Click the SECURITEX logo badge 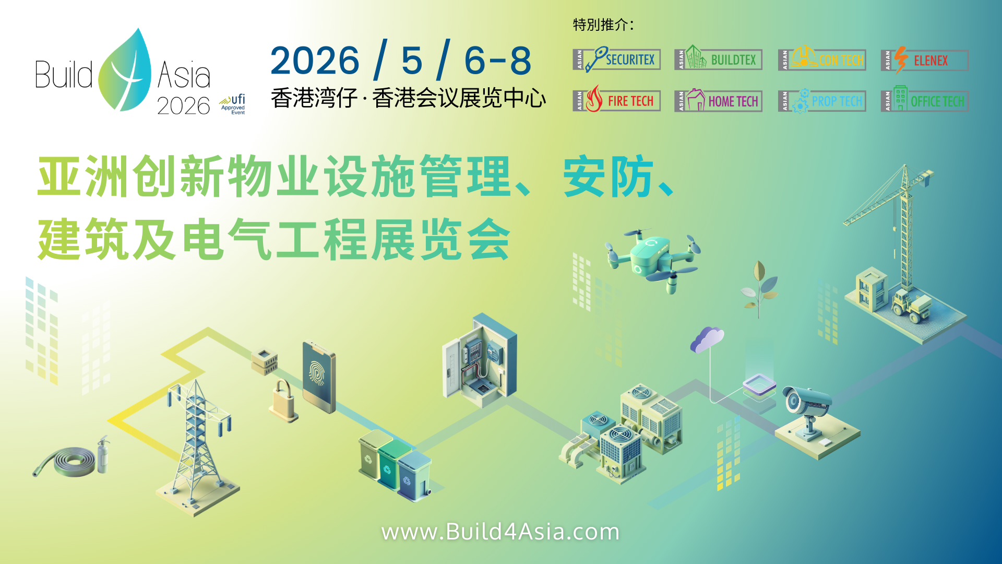point(616,60)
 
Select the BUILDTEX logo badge point(718,59)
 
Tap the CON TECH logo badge point(821,60)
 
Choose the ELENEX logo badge point(924,60)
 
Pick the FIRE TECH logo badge point(616,100)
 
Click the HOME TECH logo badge point(718,100)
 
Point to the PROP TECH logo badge point(821,101)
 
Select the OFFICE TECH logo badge point(924,100)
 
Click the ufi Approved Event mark point(233,104)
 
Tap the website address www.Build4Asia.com point(500,532)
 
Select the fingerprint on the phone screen point(317,373)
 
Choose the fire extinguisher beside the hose point(103,455)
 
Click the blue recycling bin point(414,476)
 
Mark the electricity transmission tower point(197,439)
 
